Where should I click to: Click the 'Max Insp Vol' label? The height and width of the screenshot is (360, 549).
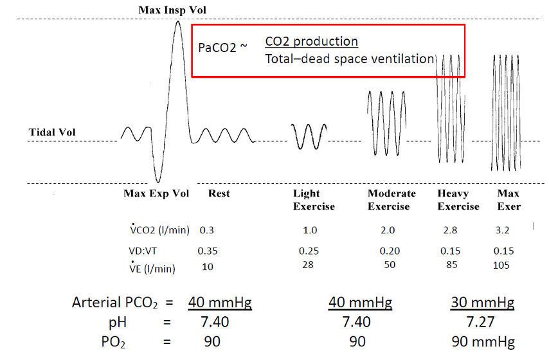pyautogui.click(x=172, y=10)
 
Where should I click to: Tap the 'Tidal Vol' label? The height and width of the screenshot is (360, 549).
pyautogui.click(x=52, y=132)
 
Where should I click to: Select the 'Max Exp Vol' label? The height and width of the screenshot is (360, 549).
pyautogui.click(x=156, y=194)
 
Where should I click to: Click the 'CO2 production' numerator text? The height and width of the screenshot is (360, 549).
pyautogui.click(x=311, y=42)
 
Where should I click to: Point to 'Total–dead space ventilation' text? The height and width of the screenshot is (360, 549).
pyautogui.click(x=350, y=59)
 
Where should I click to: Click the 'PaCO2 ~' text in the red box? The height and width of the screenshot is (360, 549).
pyautogui.click(x=222, y=48)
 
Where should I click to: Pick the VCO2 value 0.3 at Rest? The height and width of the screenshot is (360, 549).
pyautogui.click(x=206, y=230)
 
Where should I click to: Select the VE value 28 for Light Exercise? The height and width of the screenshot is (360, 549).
pyautogui.click(x=307, y=265)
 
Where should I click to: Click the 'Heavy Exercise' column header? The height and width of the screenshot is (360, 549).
pyautogui.click(x=458, y=200)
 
